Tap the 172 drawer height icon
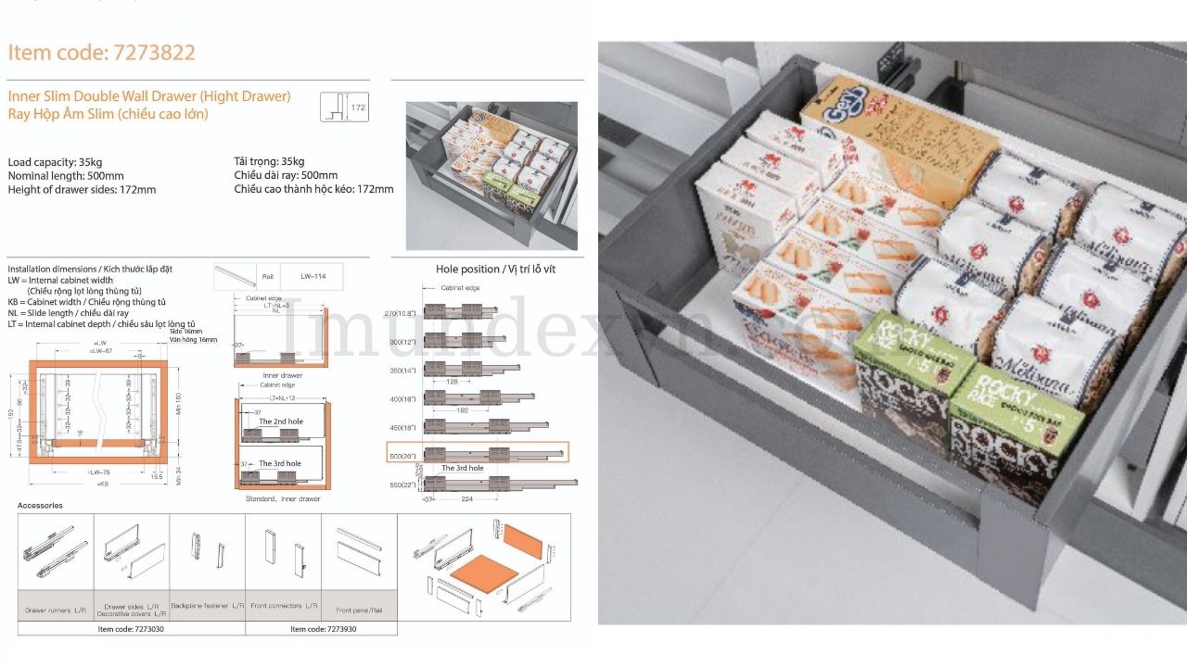[344, 107]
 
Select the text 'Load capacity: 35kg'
[55, 162]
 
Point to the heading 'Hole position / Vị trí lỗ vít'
[495, 270]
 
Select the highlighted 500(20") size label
[403, 455]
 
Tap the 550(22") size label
[403, 485]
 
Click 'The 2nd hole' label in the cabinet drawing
[280, 422]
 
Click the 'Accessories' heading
[41, 506]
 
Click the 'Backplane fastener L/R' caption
[208, 606]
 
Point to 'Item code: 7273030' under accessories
[132, 629]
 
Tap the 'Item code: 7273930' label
[324, 629]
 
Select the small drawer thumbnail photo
[491, 176]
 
